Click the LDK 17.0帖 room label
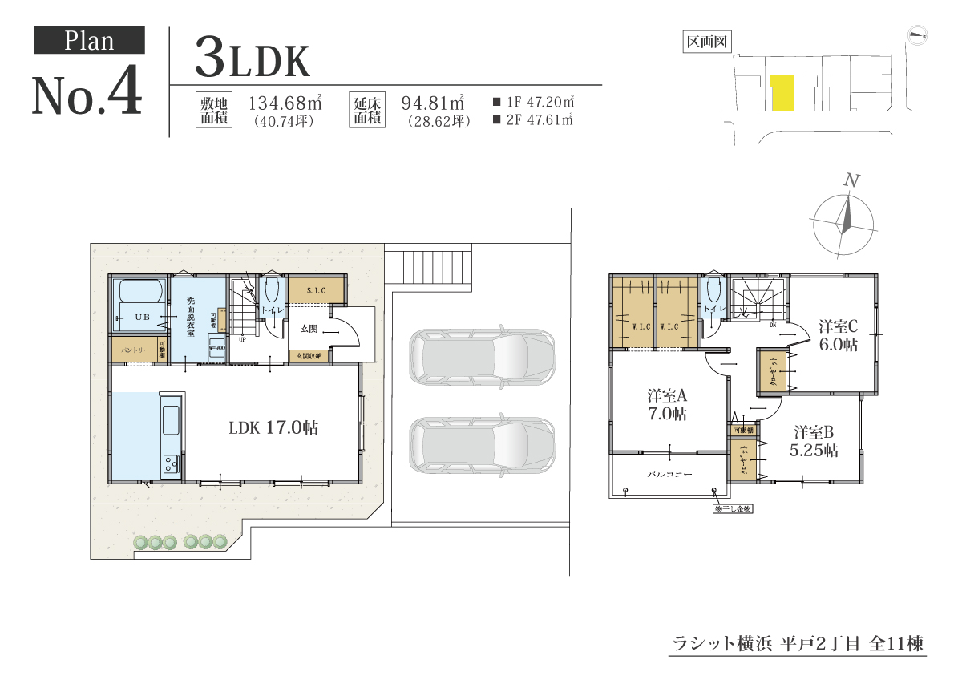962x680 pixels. [273, 427]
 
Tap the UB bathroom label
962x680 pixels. [142, 318]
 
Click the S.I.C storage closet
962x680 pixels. [316, 290]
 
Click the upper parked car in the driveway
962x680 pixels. [481, 357]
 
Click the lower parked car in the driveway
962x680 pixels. [481, 443]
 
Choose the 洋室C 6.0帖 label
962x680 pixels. [838, 334]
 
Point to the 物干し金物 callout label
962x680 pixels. [733, 508]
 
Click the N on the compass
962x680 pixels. [851, 181]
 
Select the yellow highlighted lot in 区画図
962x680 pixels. [781, 93]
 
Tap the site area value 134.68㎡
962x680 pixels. [285, 103]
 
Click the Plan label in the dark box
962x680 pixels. [89, 40]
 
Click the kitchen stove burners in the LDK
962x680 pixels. [171, 463]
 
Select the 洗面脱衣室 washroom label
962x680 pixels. [190, 318]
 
